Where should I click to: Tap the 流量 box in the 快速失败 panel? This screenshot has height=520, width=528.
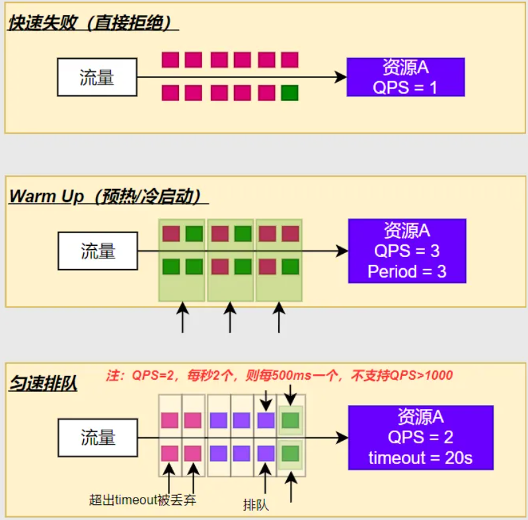(97, 77)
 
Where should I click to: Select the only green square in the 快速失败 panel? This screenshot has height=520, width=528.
(289, 93)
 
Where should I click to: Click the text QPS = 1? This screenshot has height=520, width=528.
(405, 87)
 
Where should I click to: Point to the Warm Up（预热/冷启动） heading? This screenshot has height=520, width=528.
(108, 196)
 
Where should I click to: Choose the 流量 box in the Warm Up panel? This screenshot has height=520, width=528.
(98, 251)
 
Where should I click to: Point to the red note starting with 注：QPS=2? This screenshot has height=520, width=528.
(280, 375)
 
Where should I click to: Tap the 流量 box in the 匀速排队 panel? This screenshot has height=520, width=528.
(98, 437)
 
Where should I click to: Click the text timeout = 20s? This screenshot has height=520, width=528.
(420, 457)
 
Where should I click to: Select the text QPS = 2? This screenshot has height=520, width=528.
(420, 437)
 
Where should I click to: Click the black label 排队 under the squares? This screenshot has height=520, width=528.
(256, 505)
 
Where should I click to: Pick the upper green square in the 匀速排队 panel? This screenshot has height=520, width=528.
(290, 420)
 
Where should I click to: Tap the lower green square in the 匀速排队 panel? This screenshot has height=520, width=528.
(290, 453)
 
